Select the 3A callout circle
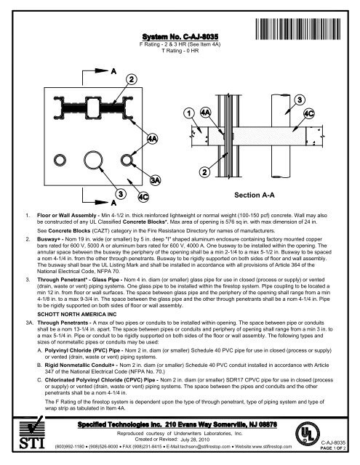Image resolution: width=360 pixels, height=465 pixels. pos(155,179)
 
